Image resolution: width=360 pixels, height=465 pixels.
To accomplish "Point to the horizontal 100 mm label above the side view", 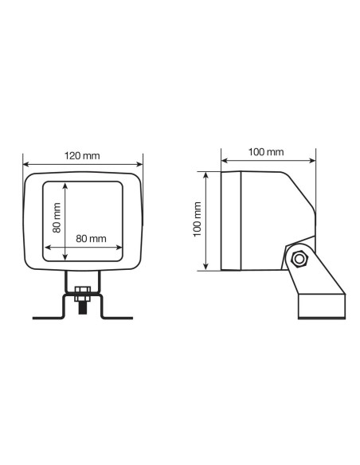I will [x=266, y=151].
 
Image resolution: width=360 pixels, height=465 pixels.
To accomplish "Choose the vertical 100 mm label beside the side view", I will [x=198, y=220].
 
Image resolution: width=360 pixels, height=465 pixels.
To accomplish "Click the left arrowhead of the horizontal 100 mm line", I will [x=224, y=160].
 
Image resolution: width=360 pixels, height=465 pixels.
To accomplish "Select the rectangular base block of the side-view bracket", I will [x=321, y=304].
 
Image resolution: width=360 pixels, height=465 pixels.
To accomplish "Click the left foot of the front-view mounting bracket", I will [x=46, y=317].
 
